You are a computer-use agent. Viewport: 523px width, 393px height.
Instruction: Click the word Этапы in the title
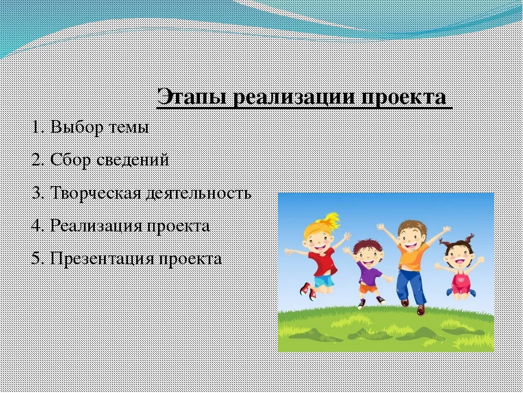pos(191,97)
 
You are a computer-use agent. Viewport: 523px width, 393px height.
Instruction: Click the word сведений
pos(132,160)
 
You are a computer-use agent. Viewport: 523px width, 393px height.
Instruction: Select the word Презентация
pos(102,258)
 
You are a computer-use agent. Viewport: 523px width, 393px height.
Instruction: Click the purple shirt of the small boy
pos(369,272)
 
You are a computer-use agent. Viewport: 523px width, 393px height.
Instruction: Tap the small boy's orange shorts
pos(368,288)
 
